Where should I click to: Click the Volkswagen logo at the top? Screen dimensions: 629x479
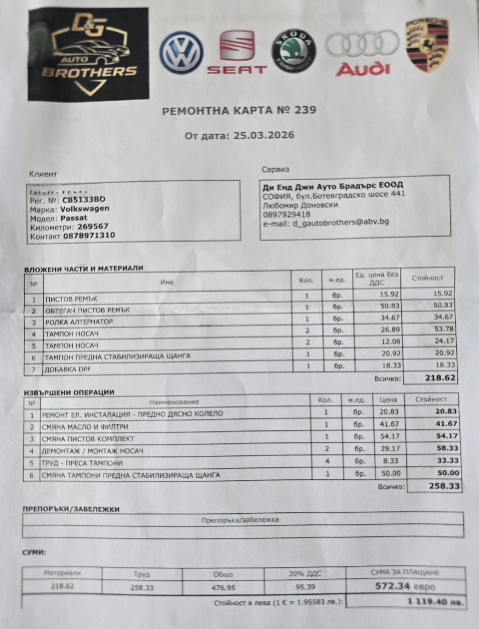click(x=181, y=53)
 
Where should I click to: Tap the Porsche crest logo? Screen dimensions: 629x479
click(x=426, y=45)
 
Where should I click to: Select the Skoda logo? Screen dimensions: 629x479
click(x=293, y=51)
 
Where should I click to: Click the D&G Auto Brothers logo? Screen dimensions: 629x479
click(x=89, y=55)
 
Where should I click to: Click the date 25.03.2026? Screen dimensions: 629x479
click(x=264, y=135)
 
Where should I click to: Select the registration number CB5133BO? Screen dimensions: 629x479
click(x=84, y=200)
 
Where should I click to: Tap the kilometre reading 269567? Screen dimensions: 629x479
click(x=93, y=226)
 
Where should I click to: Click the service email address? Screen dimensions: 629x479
click(x=341, y=222)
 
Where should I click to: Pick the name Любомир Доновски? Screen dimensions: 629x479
click(x=300, y=205)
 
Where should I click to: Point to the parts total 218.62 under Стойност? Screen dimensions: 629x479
click(x=440, y=378)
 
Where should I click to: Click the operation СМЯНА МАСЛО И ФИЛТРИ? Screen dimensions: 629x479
click(x=85, y=427)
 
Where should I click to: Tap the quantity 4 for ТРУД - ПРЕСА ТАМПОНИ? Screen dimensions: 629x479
click(x=327, y=461)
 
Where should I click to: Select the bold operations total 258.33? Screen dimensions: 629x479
click(x=444, y=486)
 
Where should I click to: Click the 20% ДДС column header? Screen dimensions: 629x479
click(x=305, y=573)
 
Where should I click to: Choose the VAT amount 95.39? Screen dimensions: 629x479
click(x=305, y=587)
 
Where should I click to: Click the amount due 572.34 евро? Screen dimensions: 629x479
click(x=405, y=586)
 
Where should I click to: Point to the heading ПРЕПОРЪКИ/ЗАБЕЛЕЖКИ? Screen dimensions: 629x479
click(x=71, y=509)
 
